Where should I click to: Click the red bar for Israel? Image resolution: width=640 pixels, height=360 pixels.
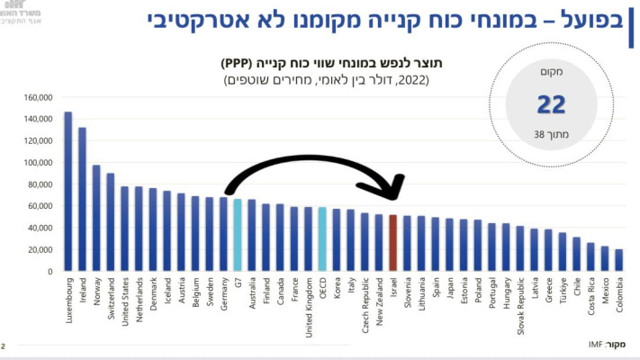(x=392, y=243)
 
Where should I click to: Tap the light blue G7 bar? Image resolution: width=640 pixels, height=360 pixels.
(x=238, y=235)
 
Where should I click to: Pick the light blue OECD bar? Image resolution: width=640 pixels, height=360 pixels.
(x=322, y=239)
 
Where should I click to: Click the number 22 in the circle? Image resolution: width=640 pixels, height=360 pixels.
(x=550, y=105)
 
